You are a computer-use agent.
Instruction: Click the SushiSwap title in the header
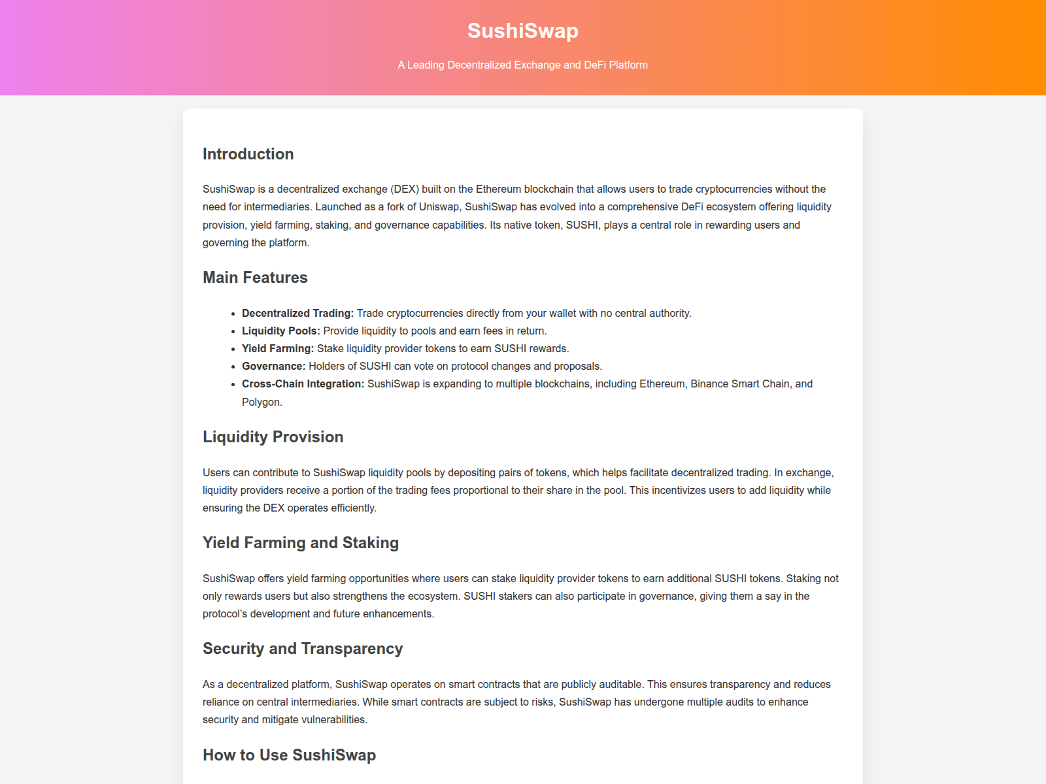click(x=522, y=31)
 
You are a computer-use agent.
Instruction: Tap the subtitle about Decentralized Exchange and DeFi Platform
click(x=522, y=65)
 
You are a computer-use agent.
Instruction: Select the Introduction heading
click(x=248, y=154)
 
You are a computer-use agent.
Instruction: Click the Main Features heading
click(x=255, y=278)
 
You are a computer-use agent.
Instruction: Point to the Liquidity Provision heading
click(x=273, y=437)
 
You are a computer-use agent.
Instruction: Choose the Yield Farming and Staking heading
click(x=300, y=543)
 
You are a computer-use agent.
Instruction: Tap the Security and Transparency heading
click(x=302, y=649)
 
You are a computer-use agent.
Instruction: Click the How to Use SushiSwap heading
click(x=289, y=755)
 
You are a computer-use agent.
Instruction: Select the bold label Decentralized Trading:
click(x=297, y=314)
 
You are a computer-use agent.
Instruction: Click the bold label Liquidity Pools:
click(x=280, y=331)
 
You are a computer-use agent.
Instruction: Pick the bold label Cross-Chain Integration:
click(x=303, y=384)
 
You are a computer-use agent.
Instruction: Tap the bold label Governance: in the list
click(x=273, y=367)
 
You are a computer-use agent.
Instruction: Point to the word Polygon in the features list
click(x=261, y=402)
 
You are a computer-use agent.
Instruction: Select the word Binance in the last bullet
click(x=709, y=384)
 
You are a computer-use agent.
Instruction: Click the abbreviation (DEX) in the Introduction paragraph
click(x=405, y=189)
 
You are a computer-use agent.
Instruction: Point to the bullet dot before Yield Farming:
click(x=233, y=349)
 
